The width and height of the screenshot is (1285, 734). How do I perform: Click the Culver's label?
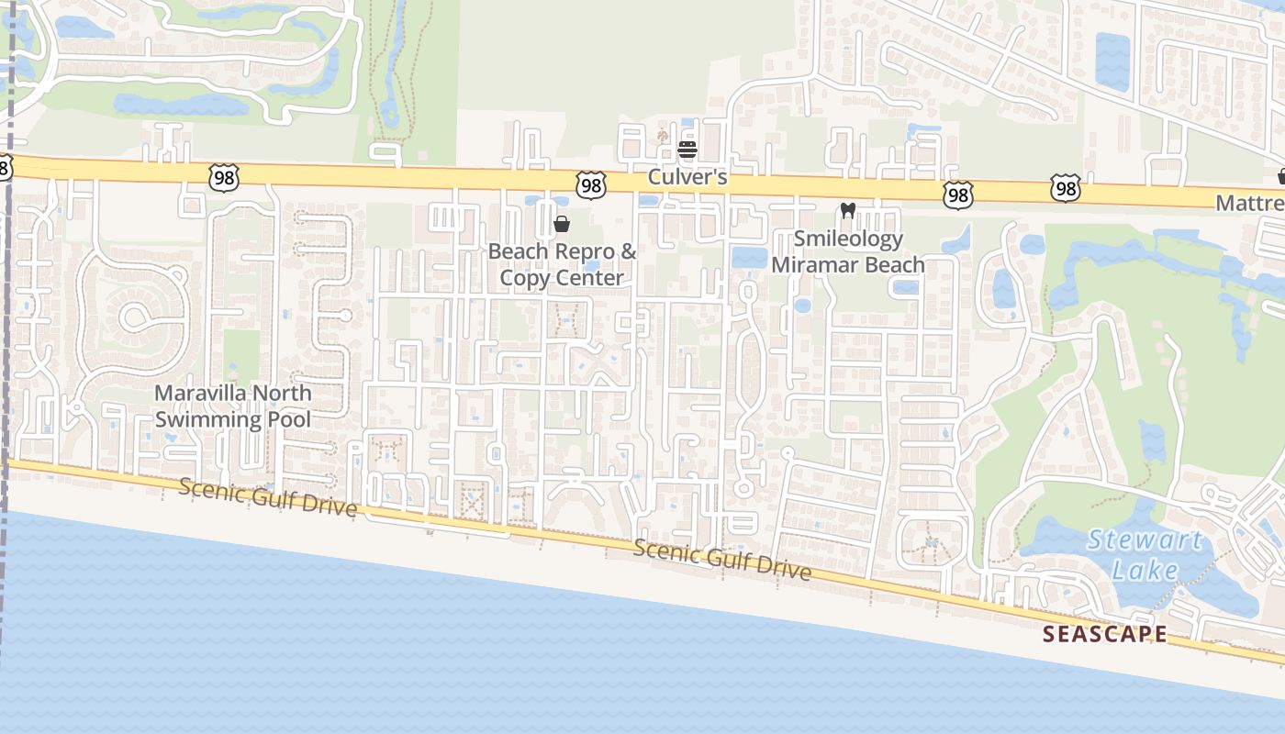[x=687, y=176]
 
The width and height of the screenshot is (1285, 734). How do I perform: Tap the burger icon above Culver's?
[x=687, y=150]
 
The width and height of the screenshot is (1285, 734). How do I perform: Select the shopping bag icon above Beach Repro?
[x=562, y=224]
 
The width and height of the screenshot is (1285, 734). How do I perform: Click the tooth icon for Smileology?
[x=848, y=211]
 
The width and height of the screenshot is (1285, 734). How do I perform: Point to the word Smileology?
[x=848, y=239]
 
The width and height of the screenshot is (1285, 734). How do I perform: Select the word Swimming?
[x=207, y=420]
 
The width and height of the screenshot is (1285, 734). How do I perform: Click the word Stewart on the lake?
[x=1144, y=539]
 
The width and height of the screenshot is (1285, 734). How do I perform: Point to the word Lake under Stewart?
[x=1144, y=571]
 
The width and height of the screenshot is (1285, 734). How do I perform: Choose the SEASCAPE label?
[x=1105, y=634]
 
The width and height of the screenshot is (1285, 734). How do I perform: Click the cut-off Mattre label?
[x=1250, y=203]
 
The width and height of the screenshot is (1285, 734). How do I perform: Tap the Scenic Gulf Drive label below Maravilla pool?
[x=267, y=496]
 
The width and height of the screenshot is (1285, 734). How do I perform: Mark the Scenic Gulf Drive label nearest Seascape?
[x=722, y=560]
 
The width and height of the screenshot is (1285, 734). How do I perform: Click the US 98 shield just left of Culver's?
[x=591, y=185]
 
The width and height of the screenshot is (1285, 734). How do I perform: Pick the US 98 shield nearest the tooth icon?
[x=957, y=195]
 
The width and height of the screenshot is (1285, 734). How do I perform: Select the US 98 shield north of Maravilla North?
[x=224, y=177]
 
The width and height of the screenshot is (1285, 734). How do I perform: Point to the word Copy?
[x=520, y=277]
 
